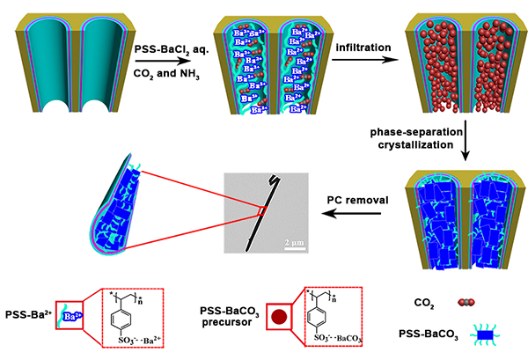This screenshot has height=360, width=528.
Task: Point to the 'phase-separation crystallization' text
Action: [414, 136]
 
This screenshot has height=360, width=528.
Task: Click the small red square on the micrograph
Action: [262, 209]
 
